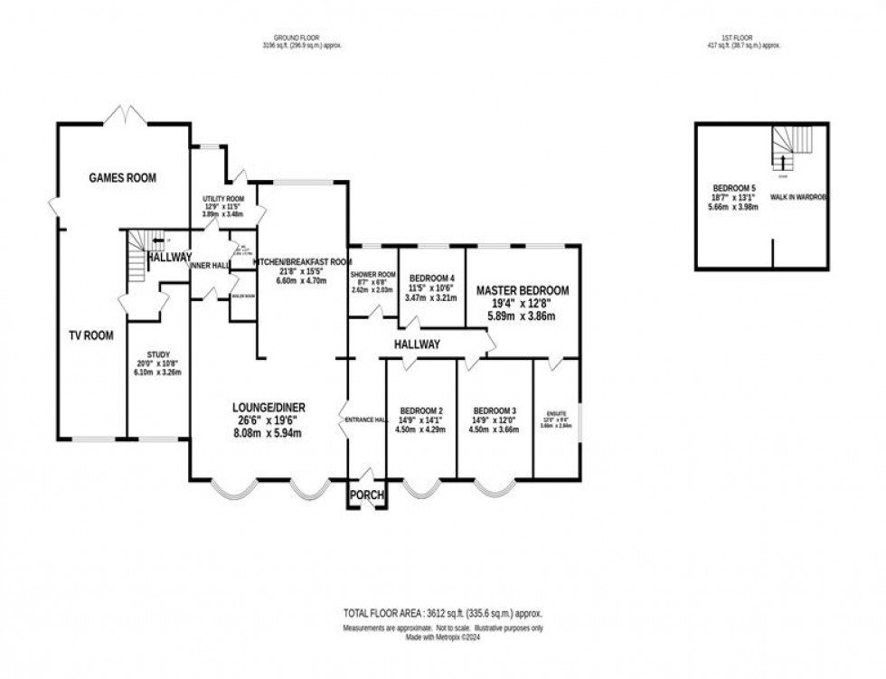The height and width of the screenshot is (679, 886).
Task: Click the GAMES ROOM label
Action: [x=122, y=178]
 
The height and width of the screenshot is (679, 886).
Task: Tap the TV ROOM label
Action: [x=91, y=335]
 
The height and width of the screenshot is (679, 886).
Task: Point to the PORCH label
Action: [x=366, y=495]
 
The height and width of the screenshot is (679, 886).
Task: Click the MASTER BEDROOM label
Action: [x=523, y=290]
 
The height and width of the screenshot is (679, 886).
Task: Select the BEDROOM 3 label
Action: [x=494, y=408]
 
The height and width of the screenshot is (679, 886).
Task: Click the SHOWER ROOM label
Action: [x=374, y=275]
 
